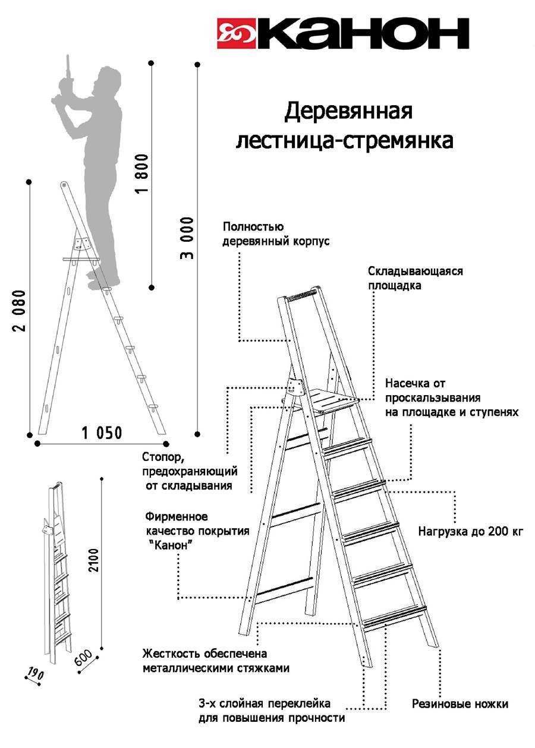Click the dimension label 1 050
102,433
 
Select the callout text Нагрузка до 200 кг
471,531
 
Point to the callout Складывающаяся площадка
415,278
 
